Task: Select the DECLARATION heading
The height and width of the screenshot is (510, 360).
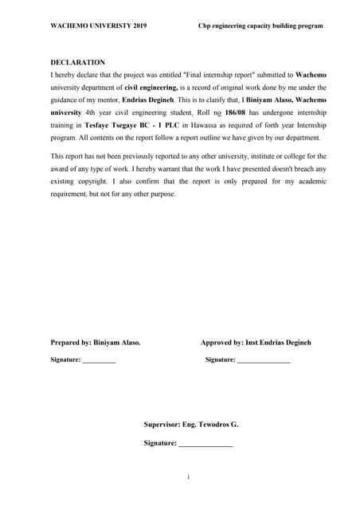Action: tap(78, 62)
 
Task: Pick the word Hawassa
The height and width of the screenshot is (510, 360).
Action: tap(208, 126)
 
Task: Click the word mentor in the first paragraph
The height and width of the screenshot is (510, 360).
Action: tap(103, 100)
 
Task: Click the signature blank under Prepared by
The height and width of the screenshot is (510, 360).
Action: tap(99, 361)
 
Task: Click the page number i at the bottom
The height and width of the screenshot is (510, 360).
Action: tap(188, 477)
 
